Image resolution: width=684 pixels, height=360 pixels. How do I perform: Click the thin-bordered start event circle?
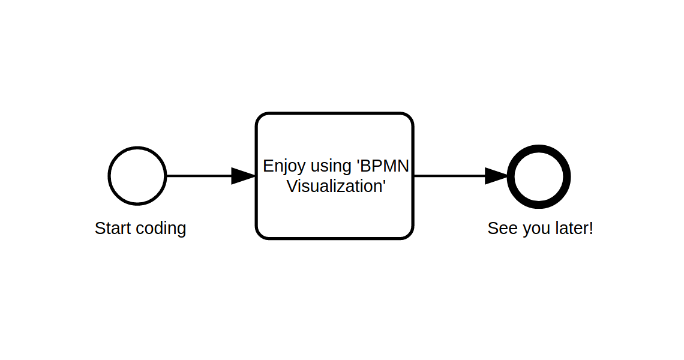tap(137, 176)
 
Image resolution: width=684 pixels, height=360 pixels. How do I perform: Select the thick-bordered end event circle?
tap(539, 176)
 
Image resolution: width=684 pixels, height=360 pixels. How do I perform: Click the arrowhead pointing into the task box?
tap(244, 176)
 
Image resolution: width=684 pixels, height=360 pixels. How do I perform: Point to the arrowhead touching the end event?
tap(497, 176)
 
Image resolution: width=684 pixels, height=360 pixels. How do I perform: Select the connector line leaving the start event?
tap(198, 176)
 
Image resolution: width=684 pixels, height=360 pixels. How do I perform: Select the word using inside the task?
tap(331, 167)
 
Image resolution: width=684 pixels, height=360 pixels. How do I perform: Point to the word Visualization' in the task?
tap(335, 187)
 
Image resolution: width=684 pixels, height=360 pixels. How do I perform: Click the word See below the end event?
tap(502, 229)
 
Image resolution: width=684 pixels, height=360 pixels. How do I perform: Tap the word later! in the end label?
tap(572, 229)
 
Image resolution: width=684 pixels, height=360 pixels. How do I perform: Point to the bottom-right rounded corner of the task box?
tap(409, 235)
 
